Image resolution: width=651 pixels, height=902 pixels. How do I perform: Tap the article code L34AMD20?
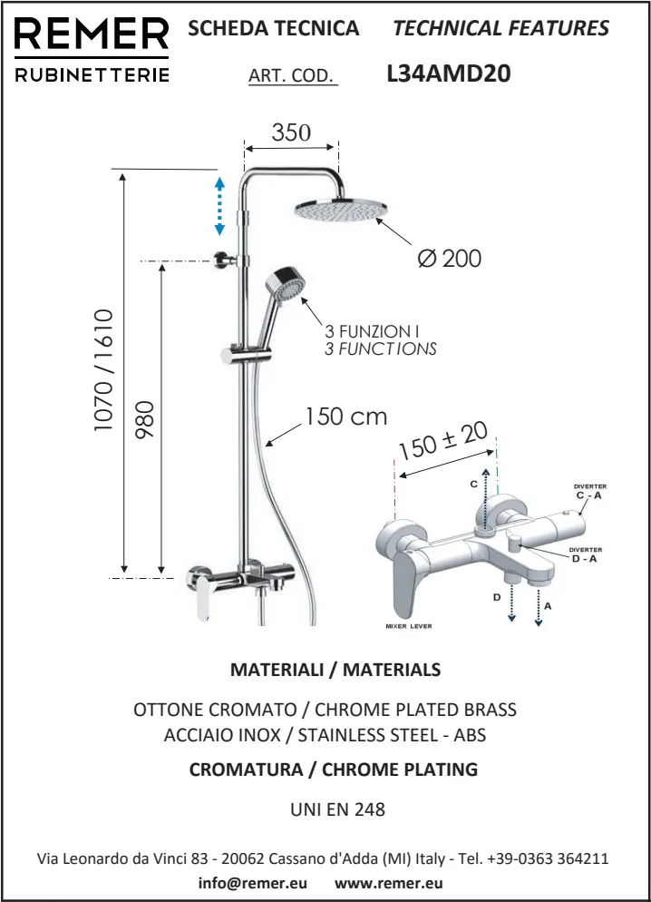(x=449, y=74)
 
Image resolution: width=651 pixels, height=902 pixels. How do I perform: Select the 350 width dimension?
(x=291, y=132)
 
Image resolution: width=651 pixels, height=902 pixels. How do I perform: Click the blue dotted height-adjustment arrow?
(x=219, y=206)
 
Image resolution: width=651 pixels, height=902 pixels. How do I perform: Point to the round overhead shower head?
(x=341, y=210)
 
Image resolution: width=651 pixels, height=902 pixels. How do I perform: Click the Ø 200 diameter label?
(x=450, y=259)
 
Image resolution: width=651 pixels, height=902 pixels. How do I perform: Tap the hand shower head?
(x=285, y=284)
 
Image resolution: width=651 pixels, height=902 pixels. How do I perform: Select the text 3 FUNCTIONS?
(x=381, y=348)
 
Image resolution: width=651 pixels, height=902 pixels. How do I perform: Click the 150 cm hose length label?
(x=345, y=417)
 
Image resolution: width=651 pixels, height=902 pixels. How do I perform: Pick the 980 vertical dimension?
(x=145, y=420)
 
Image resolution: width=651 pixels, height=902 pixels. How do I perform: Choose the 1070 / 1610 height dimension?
(x=103, y=370)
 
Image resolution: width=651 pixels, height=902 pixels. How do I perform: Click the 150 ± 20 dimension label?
(x=443, y=441)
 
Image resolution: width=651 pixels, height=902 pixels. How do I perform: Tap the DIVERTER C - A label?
(x=589, y=491)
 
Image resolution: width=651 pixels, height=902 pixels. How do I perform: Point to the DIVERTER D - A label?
(x=585, y=554)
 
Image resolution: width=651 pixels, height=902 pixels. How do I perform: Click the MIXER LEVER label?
(x=409, y=626)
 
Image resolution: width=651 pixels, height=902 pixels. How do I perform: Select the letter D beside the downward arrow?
(x=497, y=598)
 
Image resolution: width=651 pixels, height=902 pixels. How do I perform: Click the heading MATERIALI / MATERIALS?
(x=335, y=670)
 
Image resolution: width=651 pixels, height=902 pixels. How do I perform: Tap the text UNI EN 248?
(x=337, y=809)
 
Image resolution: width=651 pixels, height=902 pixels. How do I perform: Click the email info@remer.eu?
(x=253, y=883)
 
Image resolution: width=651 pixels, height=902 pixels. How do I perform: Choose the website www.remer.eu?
(x=388, y=883)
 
